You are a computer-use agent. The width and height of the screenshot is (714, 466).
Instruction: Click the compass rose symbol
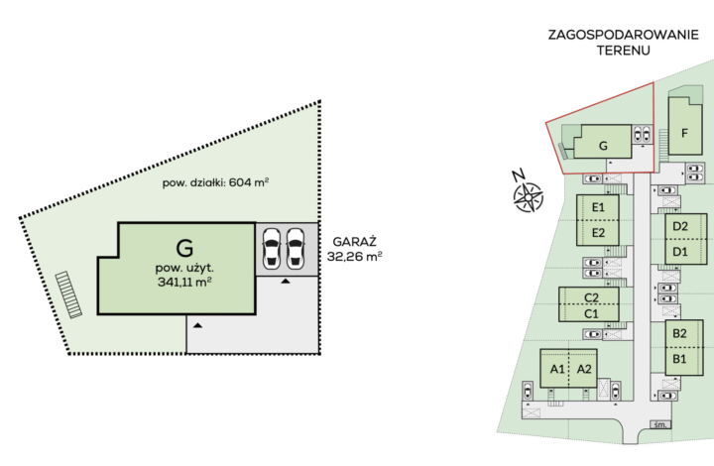(x=528, y=196)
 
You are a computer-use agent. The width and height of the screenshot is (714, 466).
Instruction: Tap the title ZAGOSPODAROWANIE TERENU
(x=623, y=43)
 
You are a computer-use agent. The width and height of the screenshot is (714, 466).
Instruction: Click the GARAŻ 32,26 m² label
(x=354, y=249)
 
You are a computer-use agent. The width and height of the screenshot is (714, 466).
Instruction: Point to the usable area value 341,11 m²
(x=184, y=283)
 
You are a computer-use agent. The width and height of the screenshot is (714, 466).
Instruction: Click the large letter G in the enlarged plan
(x=184, y=249)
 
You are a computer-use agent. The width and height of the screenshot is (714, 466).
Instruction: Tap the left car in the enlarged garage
(x=271, y=249)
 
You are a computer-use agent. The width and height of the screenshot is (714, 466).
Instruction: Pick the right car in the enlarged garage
(x=296, y=249)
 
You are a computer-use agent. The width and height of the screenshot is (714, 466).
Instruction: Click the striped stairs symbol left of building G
(x=68, y=294)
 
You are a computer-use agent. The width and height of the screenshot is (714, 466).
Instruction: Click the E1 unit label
(x=598, y=207)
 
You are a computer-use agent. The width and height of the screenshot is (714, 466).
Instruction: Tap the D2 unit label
(x=680, y=226)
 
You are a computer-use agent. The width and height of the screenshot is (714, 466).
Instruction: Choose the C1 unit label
(x=591, y=313)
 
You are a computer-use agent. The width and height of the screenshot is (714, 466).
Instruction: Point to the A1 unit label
(x=557, y=369)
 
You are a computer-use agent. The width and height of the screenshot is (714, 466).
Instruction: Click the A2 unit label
(x=584, y=369)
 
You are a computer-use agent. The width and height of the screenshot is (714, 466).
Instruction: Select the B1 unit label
(x=679, y=359)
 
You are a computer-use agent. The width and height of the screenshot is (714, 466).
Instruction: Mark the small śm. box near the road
(x=660, y=424)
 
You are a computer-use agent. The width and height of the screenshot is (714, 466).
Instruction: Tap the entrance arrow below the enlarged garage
(x=286, y=282)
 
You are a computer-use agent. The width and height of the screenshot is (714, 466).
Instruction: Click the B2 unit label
(x=679, y=333)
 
